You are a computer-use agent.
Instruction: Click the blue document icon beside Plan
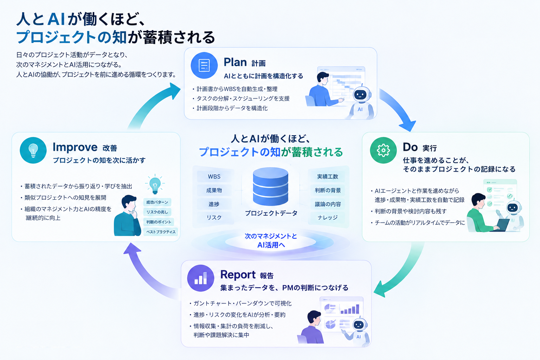tap(204, 65)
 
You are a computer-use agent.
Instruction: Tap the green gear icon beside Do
tap(383, 150)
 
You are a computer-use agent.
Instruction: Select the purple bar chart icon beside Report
tap(201, 278)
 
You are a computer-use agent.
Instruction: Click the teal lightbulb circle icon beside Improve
tap(33, 150)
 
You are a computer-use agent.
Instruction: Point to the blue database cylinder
tap(270, 187)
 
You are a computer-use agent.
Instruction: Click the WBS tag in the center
tap(214, 176)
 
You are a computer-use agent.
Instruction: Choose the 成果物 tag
tap(214, 190)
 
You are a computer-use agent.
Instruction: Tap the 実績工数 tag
tap(327, 176)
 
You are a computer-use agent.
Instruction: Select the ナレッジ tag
tap(327, 218)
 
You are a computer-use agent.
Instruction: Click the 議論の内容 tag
tap(327, 204)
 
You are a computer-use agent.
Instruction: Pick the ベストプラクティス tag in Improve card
tap(161, 232)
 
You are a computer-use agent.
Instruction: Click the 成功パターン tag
tap(157, 202)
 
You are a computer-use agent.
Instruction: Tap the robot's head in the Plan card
tap(360, 94)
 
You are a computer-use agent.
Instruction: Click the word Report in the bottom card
tap(238, 275)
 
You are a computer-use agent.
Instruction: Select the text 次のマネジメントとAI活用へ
tap(271, 240)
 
